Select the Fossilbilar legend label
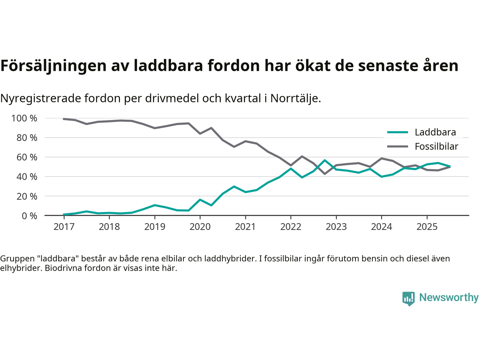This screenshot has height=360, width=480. (436, 147)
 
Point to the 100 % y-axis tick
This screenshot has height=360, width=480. (24, 118)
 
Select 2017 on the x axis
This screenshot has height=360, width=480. (64, 227)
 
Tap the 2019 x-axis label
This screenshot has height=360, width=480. (154, 227)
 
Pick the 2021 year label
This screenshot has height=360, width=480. (245, 227)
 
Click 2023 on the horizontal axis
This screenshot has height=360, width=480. (336, 227)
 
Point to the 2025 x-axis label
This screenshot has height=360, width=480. (427, 227)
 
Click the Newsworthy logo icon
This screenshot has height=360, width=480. (408, 298)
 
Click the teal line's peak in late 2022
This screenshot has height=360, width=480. (325, 160)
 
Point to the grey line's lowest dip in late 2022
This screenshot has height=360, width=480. (325, 174)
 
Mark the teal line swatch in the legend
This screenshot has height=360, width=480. (397, 132)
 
